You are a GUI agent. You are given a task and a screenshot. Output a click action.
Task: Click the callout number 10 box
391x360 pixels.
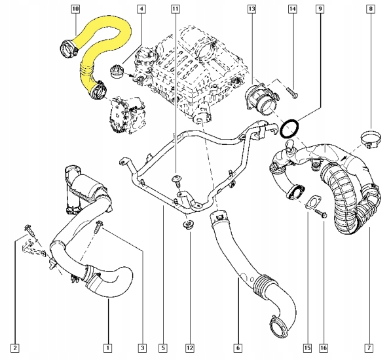(x=75, y=9)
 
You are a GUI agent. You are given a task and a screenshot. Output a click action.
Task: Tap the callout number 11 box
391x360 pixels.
(x=174, y=9)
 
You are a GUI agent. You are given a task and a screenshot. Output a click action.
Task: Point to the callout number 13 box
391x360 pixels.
(x=252, y=9)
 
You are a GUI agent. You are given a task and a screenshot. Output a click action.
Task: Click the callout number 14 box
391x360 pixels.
(x=293, y=9)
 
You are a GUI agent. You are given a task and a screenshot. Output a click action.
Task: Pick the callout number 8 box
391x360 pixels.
(x=371, y=9)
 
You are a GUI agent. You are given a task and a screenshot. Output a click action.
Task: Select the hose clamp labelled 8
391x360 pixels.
(x=371, y=139)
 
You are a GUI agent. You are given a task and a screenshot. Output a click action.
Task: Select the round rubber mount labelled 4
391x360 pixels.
(x=119, y=70)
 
